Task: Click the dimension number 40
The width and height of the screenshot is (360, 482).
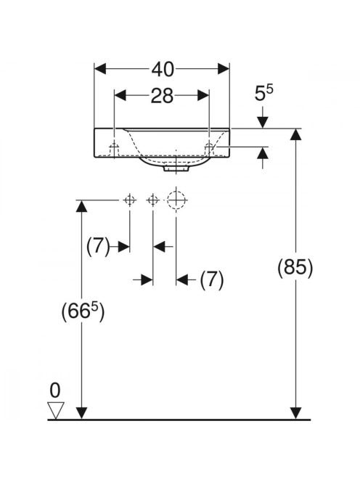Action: (163, 69)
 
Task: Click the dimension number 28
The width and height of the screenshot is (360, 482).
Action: (162, 96)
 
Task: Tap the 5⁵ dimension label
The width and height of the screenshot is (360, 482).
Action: (263, 93)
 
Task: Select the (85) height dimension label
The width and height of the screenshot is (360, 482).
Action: (295, 267)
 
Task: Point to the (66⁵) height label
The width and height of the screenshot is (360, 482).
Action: (83, 311)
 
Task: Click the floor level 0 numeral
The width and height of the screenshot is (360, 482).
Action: (55, 391)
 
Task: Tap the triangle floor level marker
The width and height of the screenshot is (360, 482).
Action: (55, 410)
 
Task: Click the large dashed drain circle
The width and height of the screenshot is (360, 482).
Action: (176, 200)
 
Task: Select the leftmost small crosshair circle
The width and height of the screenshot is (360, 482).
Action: (130, 200)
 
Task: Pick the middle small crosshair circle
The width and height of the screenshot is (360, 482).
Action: (153, 200)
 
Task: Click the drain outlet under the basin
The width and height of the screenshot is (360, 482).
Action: (176, 168)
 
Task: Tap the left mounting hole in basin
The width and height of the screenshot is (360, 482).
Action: (115, 148)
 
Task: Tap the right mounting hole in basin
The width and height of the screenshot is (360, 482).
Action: (210, 148)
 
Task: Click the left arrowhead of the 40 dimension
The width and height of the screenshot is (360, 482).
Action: (100, 68)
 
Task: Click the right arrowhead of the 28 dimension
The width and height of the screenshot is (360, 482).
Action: (203, 95)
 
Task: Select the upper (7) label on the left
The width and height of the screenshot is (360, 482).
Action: (98, 247)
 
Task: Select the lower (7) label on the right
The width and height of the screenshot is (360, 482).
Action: (212, 280)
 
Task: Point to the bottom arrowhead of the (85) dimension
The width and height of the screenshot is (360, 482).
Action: (295, 413)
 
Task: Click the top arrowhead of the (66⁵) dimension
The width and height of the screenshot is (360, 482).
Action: (81, 206)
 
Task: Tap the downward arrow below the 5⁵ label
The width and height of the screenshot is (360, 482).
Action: (263, 122)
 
